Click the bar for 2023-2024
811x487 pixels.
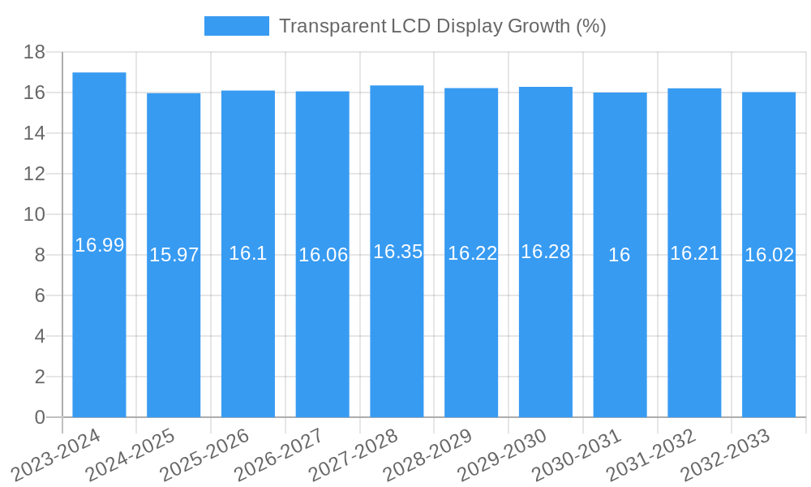(x=99, y=325)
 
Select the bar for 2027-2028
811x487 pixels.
(x=397, y=325)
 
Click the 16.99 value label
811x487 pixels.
(x=99, y=245)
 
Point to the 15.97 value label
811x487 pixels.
(x=174, y=255)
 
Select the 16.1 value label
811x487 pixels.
(x=247, y=253)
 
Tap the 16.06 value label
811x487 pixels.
(x=323, y=255)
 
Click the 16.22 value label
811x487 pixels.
(x=472, y=253)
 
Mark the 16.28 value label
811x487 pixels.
(x=545, y=252)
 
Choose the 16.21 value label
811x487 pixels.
(x=694, y=253)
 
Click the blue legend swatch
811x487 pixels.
(x=236, y=26)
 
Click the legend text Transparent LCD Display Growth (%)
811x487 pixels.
(x=442, y=26)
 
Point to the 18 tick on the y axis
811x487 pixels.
(x=34, y=52)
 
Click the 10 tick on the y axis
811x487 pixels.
(x=34, y=214)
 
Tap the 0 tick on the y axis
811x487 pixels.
(x=40, y=417)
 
